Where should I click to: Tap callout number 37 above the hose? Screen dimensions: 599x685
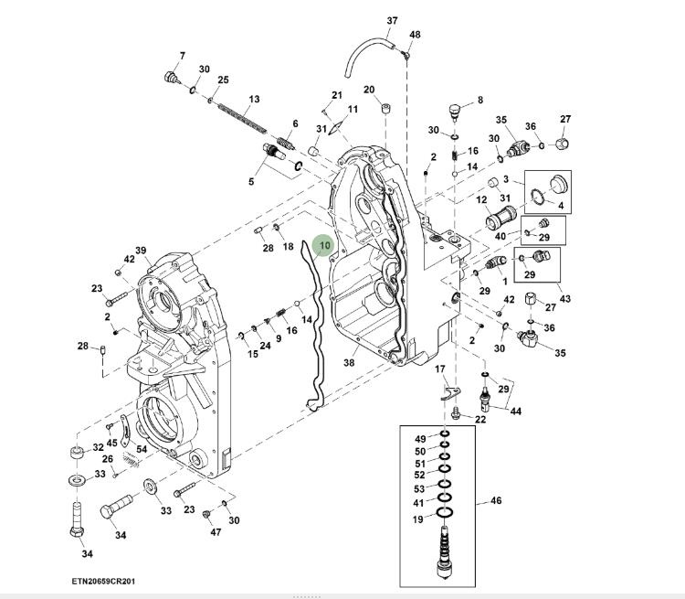click(393, 21)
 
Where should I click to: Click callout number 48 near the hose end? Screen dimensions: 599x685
click(415, 35)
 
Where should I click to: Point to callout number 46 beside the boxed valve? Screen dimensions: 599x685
click(496, 500)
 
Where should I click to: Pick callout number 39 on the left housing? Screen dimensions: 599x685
click(141, 251)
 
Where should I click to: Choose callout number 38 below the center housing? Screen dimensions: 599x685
click(349, 363)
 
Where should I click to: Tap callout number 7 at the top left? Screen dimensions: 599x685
click(182, 56)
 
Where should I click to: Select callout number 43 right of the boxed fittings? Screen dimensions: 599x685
click(565, 299)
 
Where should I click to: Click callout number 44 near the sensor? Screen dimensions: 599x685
click(516, 412)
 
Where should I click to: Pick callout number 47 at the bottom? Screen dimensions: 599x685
click(216, 531)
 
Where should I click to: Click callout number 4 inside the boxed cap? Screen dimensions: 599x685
click(560, 205)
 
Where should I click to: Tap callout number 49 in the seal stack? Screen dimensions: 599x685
click(419, 439)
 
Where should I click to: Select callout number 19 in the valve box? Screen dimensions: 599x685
click(417, 519)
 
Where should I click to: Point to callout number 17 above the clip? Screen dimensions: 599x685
click(439, 369)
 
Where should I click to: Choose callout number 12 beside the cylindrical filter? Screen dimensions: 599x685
click(481, 199)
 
